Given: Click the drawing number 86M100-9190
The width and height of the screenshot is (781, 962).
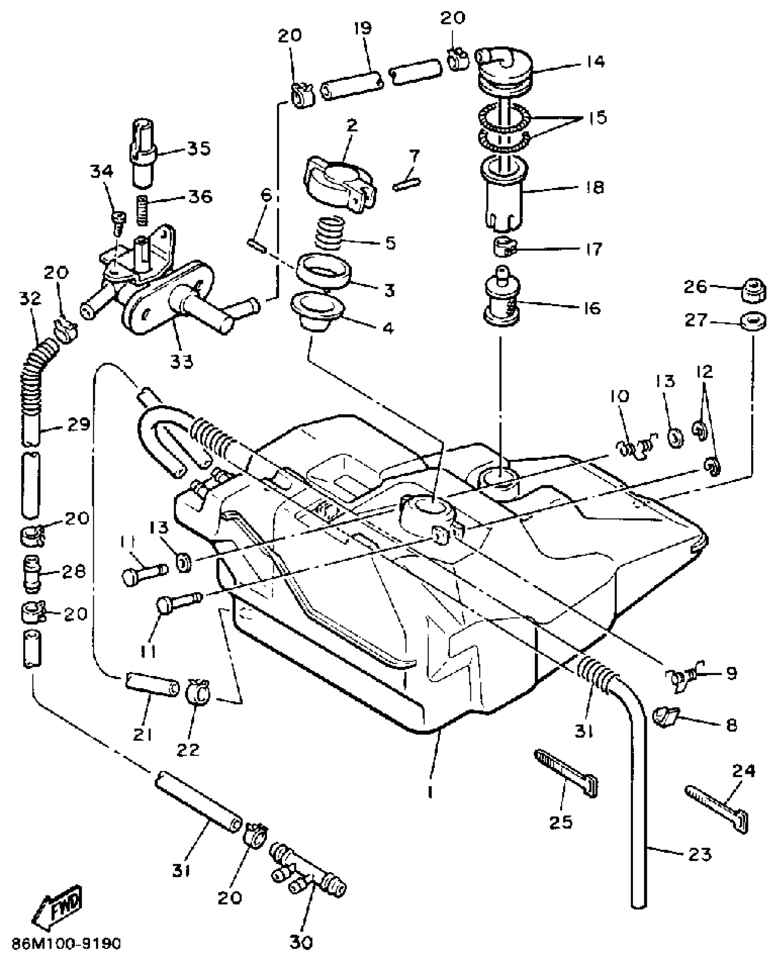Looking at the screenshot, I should (x=67, y=944).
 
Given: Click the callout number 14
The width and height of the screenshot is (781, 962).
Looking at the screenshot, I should (x=595, y=62).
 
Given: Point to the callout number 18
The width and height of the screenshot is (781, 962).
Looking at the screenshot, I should (x=595, y=187).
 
